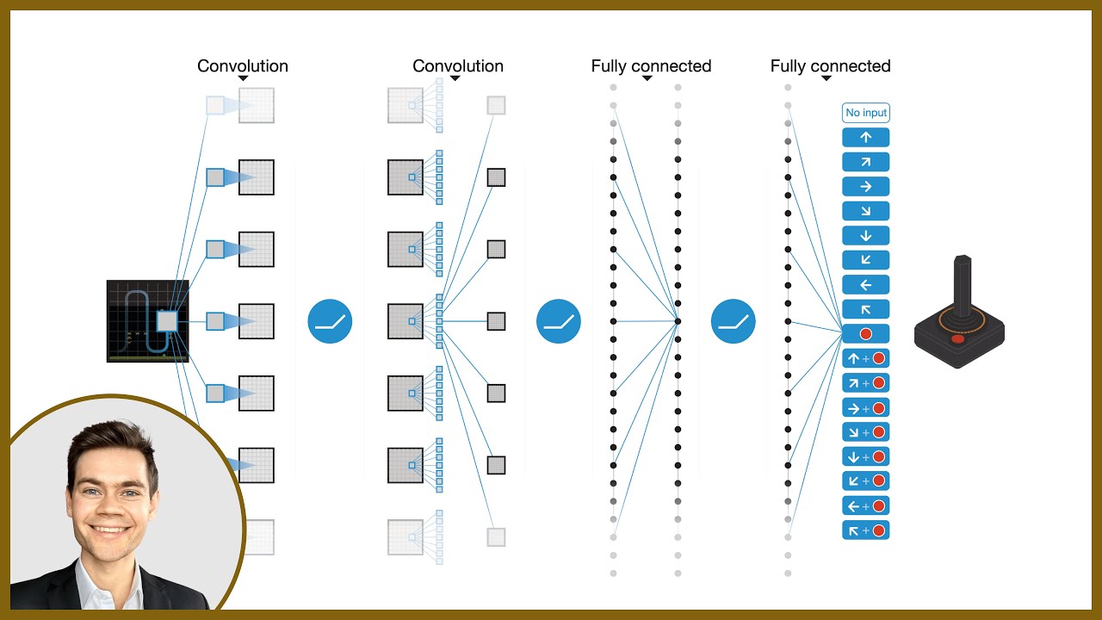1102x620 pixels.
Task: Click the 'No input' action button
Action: point(865,113)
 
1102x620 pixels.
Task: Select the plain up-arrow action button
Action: point(865,138)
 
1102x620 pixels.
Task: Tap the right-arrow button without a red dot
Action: point(865,187)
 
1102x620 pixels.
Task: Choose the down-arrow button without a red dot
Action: point(865,236)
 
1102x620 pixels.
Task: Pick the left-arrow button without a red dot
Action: point(865,285)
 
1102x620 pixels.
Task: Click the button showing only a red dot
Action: point(865,334)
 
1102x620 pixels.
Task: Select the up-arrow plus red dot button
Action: point(865,358)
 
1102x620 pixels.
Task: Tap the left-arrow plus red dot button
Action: point(865,505)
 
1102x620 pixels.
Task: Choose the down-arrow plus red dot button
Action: point(865,456)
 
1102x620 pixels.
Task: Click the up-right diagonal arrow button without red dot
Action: point(865,162)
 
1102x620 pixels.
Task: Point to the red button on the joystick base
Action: point(957,338)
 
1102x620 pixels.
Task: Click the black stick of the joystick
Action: point(963,284)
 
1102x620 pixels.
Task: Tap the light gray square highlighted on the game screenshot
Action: point(167,321)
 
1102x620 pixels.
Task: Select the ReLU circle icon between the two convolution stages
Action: point(330,321)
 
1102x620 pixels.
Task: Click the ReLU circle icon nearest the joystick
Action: point(734,321)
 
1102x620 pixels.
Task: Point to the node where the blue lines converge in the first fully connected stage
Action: point(678,321)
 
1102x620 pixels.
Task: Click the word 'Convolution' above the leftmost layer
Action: point(243,66)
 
